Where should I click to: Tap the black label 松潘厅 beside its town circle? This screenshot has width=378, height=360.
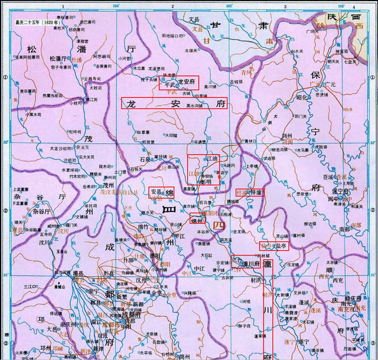[59, 58]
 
